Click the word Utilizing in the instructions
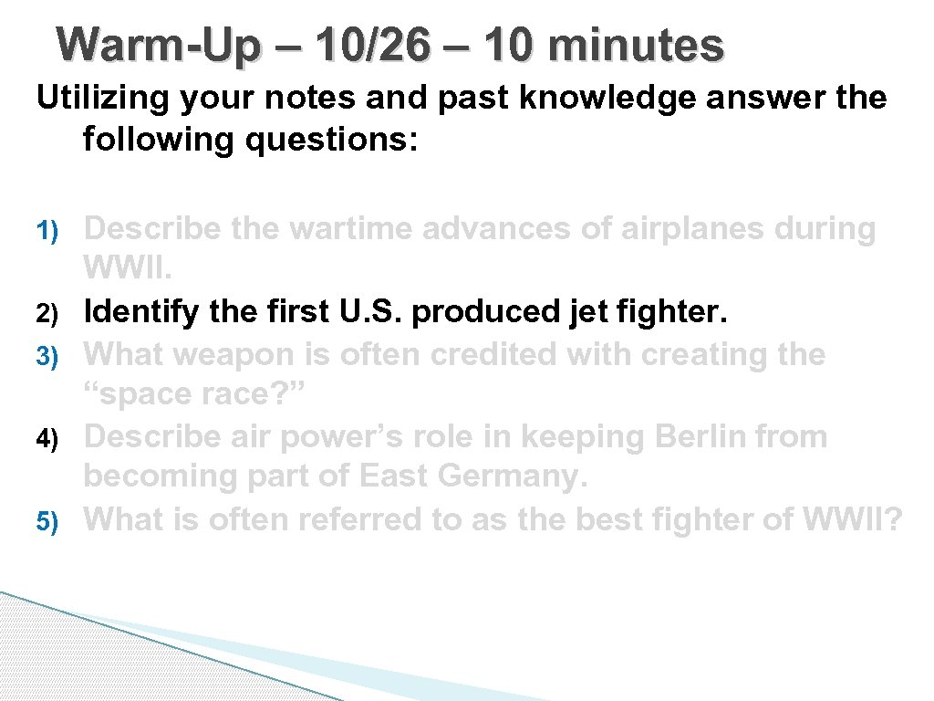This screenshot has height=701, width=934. coord(101,97)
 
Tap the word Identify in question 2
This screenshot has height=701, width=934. coord(139,313)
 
